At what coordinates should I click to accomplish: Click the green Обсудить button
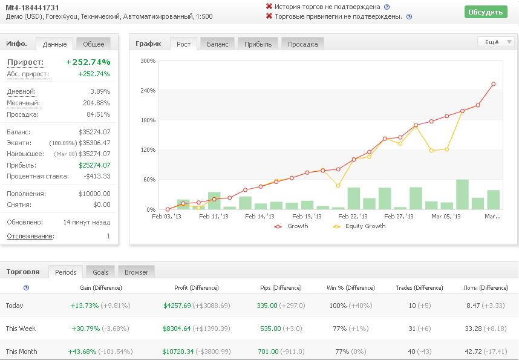[486, 12]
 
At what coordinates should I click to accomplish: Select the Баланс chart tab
[218, 44]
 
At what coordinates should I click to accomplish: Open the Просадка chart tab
[302, 44]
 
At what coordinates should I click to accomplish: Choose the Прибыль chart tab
[258, 44]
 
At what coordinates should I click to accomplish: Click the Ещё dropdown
[495, 42]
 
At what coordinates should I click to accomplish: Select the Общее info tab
[93, 44]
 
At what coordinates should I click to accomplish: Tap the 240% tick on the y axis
[148, 90]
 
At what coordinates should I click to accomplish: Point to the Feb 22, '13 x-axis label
[353, 216]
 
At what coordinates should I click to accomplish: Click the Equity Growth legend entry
[359, 226]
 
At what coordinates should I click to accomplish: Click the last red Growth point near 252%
[494, 84]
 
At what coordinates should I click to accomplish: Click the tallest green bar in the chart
[462, 194]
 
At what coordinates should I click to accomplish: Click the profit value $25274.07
[94, 165]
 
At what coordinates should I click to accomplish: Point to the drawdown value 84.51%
[99, 114]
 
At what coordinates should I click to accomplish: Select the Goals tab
[100, 272]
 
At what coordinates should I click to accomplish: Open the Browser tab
[136, 272]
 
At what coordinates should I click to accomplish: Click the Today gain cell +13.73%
[85, 306]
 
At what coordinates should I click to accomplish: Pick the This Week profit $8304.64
[177, 329]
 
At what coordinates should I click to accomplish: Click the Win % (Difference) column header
[350, 288]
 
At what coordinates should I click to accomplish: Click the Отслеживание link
[30, 236]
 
